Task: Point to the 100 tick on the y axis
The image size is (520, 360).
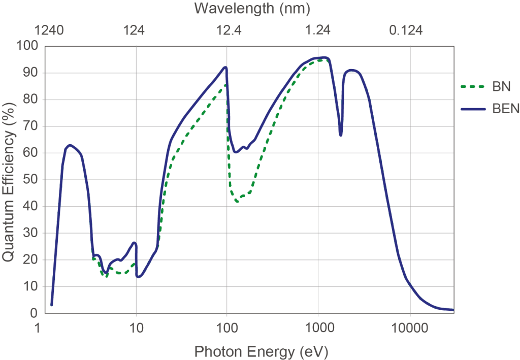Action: (28, 46)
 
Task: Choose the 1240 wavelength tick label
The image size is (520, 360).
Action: (50, 30)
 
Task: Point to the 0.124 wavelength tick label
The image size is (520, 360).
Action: (406, 30)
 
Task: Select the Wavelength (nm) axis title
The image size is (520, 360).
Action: (252, 9)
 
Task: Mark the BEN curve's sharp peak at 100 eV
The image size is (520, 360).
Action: (225, 67)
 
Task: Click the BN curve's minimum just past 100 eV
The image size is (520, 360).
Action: (237, 202)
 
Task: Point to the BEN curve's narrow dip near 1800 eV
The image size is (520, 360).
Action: (341, 135)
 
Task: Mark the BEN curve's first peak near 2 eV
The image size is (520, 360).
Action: (70, 145)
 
